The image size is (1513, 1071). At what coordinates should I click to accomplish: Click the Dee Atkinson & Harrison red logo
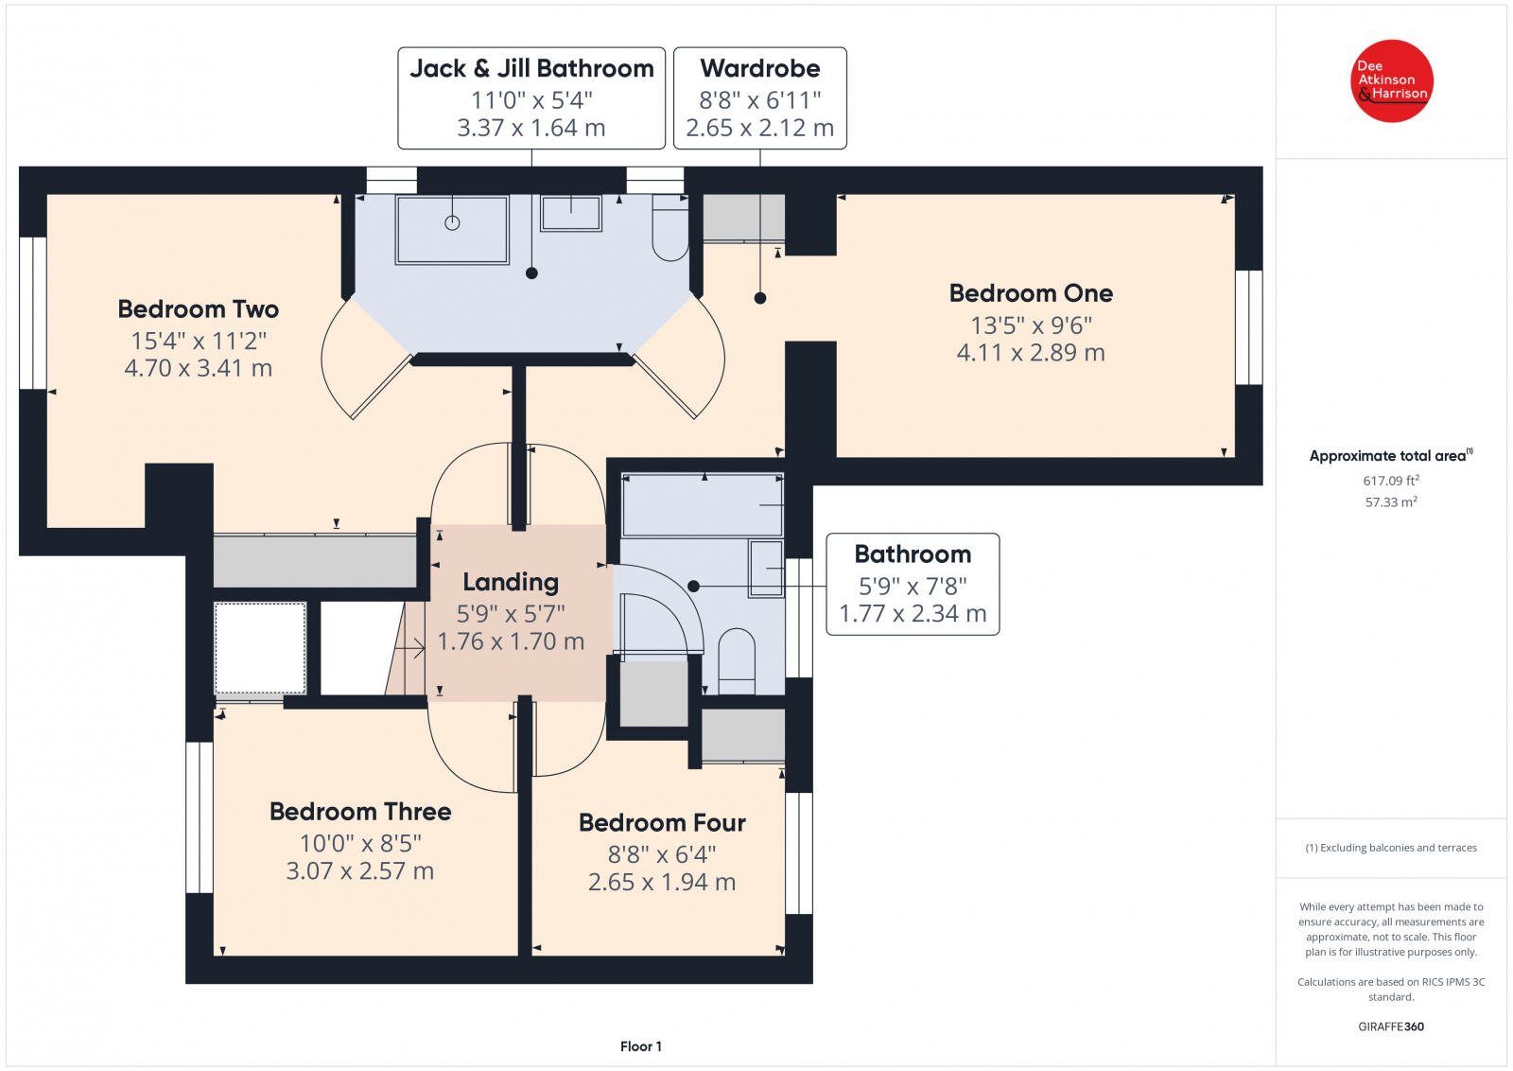pyautogui.click(x=1391, y=81)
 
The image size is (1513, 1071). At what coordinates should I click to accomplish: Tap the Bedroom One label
pyautogui.click(x=1031, y=293)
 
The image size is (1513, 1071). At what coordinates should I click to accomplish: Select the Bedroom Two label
pyautogui.click(x=198, y=308)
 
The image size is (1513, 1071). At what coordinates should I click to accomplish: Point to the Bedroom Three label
pyautogui.click(x=360, y=812)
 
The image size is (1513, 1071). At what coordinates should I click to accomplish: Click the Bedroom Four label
pyautogui.click(x=662, y=823)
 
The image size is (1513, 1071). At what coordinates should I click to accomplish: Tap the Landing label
pyautogui.click(x=511, y=583)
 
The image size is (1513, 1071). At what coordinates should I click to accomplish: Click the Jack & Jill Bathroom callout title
pyautogui.click(x=531, y=68)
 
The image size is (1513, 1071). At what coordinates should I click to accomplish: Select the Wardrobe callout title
pyautogui.click(x=760, y=68)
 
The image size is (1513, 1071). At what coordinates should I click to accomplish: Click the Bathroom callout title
pyautogui.click(x=913, y=554)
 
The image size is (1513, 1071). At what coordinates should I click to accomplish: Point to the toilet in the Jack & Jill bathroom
pyautogui.click(x=670, y=227)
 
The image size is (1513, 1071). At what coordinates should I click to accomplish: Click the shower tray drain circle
pyautogui.click(x=452, y=222)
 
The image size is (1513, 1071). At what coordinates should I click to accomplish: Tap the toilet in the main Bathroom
pyautogui.click(x=737, y=660)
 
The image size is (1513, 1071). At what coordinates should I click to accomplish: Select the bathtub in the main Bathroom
pyautogui.click(x=703, y=505)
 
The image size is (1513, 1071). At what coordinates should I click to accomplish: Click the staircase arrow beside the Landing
pyautogui.click(x=409, y=649)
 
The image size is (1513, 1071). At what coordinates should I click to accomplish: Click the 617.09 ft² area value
pyautogui.click(x=1391, y=481)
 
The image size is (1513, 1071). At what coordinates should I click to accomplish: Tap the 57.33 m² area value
pyautogui.click(x=1391, y=502)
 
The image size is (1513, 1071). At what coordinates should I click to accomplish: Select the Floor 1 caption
pyautogui.click(x=640, y=1046)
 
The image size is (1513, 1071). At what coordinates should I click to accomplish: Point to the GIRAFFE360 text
pyautogui.click(x=1391, y=1027)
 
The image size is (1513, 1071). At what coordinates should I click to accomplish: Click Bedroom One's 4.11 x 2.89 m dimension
pyautogui.click(x=1031, y=353)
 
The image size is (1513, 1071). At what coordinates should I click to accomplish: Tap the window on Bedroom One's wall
pyautogui.click(x=1249, y=327)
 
